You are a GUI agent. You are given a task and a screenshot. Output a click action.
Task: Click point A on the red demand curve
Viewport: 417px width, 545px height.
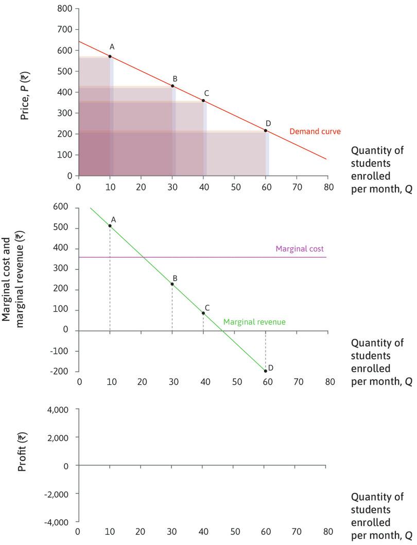(x=110, y=56)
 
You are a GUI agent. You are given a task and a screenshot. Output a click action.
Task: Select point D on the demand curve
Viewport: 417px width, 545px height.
(x=266, y=130)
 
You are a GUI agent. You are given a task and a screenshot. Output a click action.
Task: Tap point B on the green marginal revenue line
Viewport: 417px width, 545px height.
(x=172, y=284)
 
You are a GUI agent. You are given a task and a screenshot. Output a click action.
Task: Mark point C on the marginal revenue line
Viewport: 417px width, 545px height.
(x=203, y=313)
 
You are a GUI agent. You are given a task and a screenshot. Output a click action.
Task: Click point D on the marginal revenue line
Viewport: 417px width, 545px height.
(x=266, y=371)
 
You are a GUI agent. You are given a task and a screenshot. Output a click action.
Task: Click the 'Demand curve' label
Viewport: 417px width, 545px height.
(x=308, y=131)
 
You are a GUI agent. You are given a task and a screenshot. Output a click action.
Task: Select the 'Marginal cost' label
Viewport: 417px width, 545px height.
(x=300, y=249)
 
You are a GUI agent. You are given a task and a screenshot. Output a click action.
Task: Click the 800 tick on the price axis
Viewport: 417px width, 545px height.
(x=65, y=9)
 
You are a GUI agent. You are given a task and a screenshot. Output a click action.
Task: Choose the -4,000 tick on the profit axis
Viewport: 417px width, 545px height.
(x=60, y=522)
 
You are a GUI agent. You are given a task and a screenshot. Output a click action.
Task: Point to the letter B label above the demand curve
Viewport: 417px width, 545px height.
(x=175, y=78)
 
